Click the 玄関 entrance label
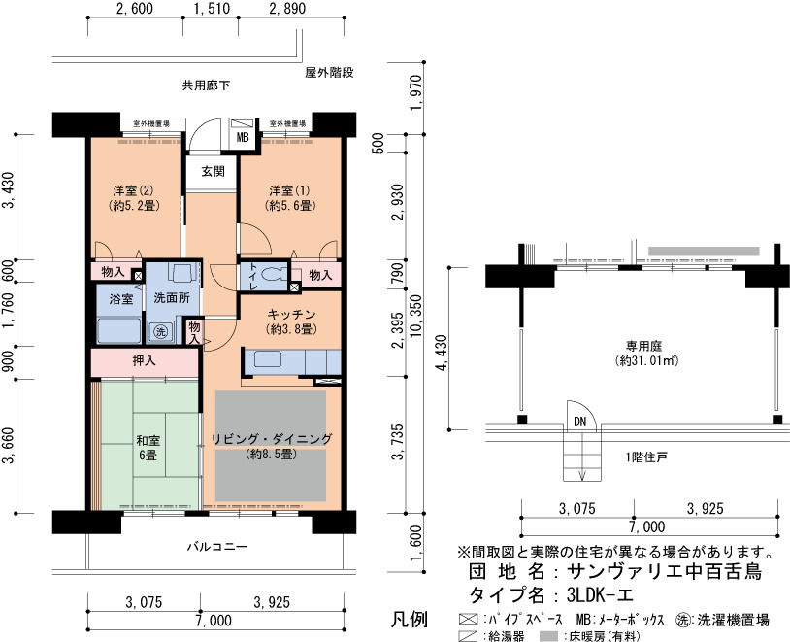213,172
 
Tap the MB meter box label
243,137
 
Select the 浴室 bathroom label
121,299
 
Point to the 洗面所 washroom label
172,297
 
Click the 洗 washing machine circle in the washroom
160,331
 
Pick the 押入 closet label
144,360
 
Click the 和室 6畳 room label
148,448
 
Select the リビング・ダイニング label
272,439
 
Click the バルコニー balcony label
217,547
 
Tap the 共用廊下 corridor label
206,85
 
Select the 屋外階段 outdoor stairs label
329,73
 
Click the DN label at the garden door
580,422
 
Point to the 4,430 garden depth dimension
442,353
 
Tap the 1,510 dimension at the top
212,9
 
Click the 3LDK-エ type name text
600,595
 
